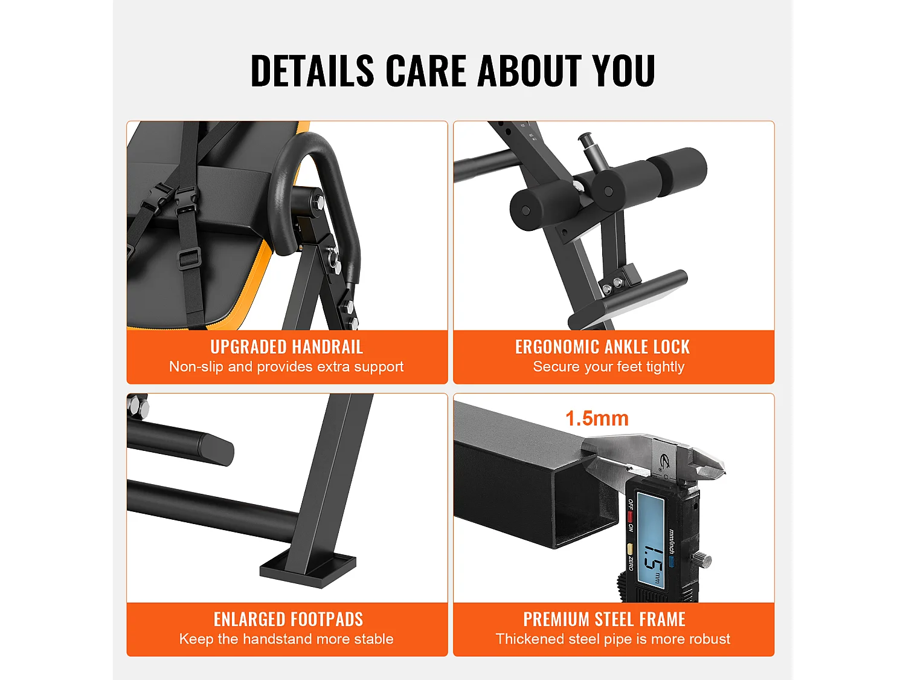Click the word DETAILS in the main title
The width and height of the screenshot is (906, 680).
(312, 71)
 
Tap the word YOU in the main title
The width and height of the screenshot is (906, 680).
(623, 71)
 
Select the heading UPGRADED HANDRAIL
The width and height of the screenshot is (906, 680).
(287, 347)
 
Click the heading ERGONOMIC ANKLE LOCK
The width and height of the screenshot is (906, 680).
(602, 347)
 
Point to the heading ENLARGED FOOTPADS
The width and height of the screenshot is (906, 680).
(288, 620)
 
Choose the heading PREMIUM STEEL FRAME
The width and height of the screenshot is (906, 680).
(604, 620)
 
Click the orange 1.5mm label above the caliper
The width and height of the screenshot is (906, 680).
(597, 418)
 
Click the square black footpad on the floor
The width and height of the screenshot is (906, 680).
(308, 570)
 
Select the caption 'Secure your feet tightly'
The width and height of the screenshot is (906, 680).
(608, 367)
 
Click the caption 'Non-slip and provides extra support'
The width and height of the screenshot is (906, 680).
(286, 367)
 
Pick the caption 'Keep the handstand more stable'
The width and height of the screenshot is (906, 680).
(286, 640)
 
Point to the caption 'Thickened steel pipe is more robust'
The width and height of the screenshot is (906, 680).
(612, 640)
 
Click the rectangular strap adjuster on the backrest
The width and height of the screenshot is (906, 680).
(189, 258)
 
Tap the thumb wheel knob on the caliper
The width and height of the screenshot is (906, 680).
(702, 559)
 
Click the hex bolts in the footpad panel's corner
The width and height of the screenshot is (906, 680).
(138, 406)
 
